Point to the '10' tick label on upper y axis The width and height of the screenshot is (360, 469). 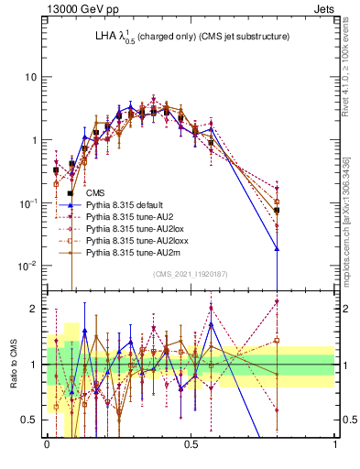(x=30, y=77)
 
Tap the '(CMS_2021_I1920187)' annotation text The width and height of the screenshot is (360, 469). (x=190, y=274)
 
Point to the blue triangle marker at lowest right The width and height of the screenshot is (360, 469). (x=277, y=248)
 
